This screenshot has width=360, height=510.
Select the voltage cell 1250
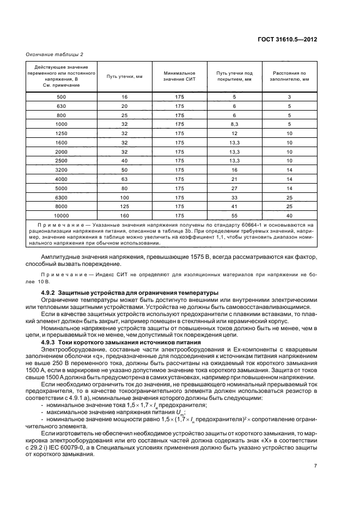(x=61, y=133)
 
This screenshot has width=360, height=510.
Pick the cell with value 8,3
(x=234, y=124)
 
